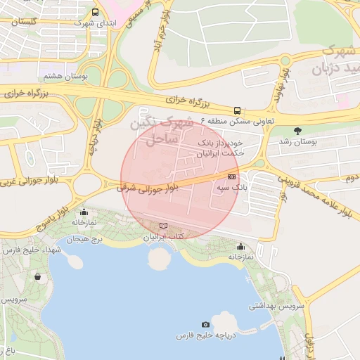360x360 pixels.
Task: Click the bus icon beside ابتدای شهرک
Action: tap(96, 12)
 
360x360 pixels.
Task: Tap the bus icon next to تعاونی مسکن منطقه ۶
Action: tap(238, 110)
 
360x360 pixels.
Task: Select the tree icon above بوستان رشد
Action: tap(297, 131)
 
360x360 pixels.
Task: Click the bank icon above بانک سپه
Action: tap(231, 176)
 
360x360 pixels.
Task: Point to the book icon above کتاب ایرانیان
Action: tap(164, 226)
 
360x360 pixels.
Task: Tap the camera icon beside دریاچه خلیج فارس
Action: tap(205, 324)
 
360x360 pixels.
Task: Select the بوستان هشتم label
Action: tap(64, 77)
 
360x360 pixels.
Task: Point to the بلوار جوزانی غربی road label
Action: tap(28, 184)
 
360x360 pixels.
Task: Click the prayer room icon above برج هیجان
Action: tap(84, 212)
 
